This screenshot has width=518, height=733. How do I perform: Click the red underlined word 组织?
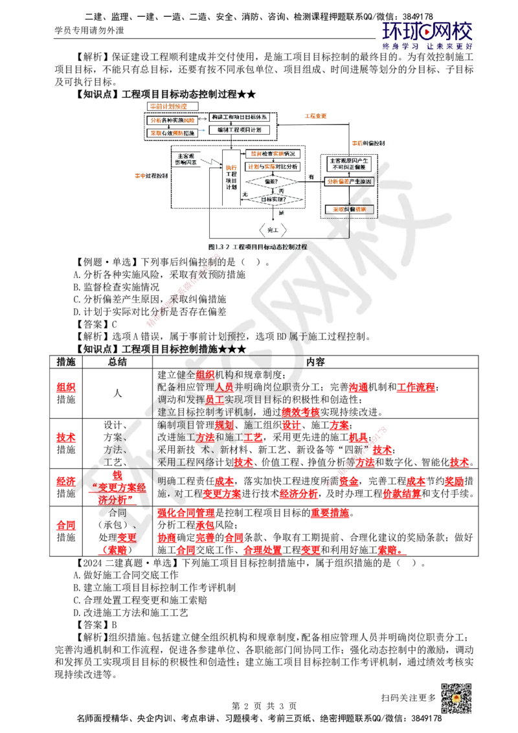205,376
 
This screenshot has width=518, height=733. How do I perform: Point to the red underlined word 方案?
205,437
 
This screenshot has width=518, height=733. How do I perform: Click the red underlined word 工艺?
256,437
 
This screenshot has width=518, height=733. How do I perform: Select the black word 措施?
206,348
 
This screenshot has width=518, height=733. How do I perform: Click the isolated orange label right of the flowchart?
315,115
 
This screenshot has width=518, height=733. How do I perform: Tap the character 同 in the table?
121,512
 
